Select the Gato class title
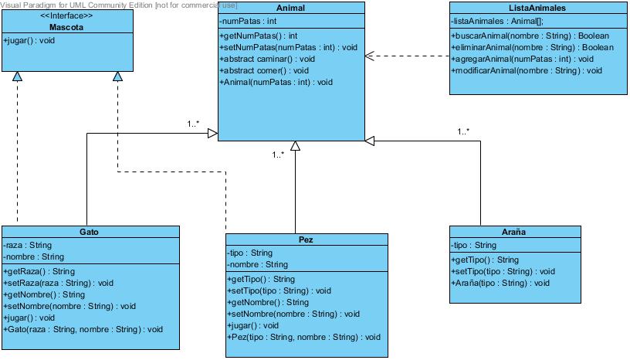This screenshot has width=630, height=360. [90, 232]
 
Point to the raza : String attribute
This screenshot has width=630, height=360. [28, 245]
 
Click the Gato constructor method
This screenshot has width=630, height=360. [83, 329]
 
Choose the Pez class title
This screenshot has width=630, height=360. [305, 239]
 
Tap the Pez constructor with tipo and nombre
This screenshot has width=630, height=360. [304, 337]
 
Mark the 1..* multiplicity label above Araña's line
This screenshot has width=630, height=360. [463, 131]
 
